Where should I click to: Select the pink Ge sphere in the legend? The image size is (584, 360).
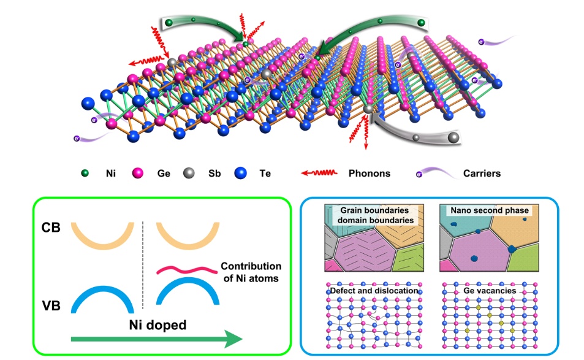point(138,174)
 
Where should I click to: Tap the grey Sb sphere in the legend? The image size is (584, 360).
point(190,174)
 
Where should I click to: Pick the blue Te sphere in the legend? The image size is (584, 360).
point(240,174)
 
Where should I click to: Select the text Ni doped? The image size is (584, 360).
point(157,324)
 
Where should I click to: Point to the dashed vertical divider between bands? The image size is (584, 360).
point(143,264)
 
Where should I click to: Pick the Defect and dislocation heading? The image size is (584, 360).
point(373,290)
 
